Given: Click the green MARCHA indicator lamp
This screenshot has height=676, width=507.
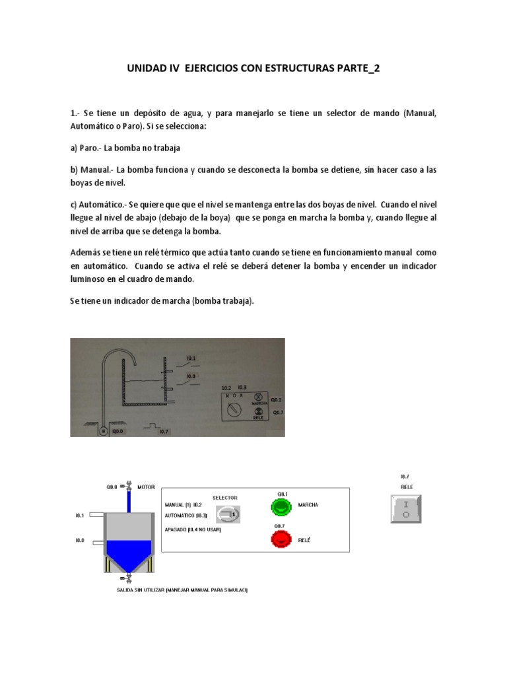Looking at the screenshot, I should [281, 506].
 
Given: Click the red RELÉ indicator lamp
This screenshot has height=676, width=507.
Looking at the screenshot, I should [281, 539].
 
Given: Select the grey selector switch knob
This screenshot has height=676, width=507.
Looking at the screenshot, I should [228, 512].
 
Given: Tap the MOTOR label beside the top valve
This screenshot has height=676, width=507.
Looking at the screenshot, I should [146, 487].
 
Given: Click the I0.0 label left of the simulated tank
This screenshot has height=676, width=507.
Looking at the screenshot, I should [79, 540].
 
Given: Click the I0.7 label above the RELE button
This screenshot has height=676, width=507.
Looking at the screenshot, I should [405, 476].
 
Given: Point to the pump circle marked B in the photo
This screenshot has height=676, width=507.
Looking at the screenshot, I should [104, 430].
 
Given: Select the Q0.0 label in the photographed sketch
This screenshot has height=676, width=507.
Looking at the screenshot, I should [118, 430].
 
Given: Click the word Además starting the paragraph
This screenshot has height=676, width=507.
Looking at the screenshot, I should [87, 253].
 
